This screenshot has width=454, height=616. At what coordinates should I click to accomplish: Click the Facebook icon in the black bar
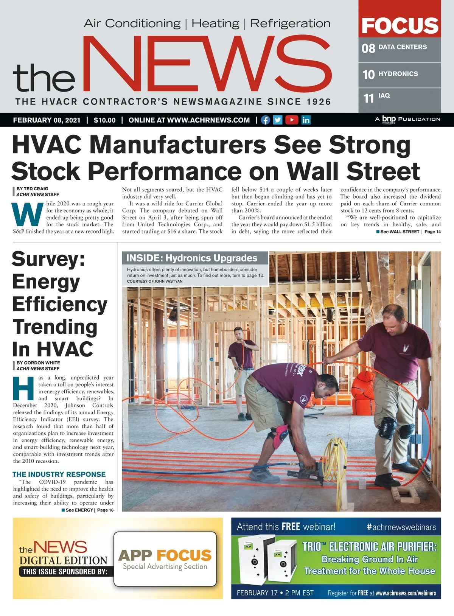click(x=266, y=120)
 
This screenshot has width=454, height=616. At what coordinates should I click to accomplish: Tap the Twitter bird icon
click(x=278, y=120)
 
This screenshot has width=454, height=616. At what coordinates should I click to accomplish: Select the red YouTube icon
click(x=292, y=120)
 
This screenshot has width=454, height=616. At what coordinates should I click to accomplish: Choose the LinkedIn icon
click(x=306, y=120)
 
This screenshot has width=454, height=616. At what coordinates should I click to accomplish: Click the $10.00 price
click(x=105, y=120)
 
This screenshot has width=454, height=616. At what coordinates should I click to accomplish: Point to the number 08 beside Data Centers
click(x=368, y=48)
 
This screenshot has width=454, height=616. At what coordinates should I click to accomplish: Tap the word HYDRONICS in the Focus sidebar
click(x=398, y=74)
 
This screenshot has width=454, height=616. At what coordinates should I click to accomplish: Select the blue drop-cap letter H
click(x=23, y=388)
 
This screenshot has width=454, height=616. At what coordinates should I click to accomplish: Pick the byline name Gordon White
click(x=42, y=362)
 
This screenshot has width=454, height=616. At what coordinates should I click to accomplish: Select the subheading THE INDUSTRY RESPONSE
click(x=59, y=474)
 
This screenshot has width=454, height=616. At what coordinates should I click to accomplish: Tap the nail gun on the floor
click(x=302, y=469)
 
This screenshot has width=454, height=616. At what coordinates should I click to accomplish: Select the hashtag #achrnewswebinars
click(x=401, y=527)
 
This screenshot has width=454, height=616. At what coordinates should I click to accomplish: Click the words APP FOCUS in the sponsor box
click(x=165, y=555)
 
